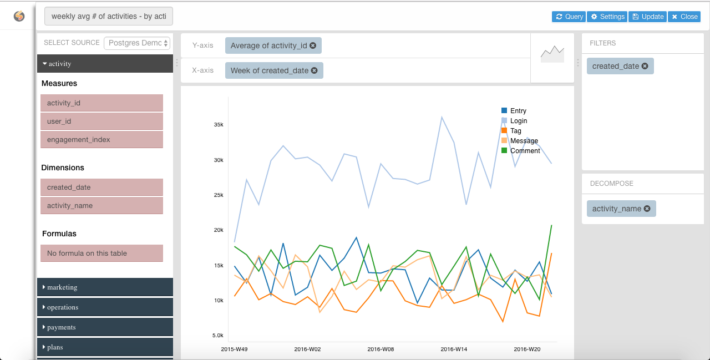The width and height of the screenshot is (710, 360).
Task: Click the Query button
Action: click(x=569, y=17)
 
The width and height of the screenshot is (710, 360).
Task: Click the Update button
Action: click(x=647, y=17)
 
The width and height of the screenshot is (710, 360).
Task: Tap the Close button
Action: click(x=684, y=17)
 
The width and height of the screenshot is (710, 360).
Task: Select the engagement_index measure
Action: click(x=102, y=140)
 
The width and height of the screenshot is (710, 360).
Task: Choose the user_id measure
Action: click(x=102, y=121)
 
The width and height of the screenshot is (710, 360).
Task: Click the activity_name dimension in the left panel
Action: click(x=102, y=206)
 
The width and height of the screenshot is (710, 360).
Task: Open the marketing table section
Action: click(x=105, y=287)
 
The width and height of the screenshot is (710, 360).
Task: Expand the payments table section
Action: click(x=105, y=327)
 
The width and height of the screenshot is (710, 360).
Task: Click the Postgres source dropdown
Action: click(x=137, y=43)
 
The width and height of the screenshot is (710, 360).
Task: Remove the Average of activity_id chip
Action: click(x=313, y=45)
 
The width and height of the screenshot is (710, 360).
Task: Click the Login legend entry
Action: click(x=518, y=121)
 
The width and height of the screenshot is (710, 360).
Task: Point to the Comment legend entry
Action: click(x=524, y=151)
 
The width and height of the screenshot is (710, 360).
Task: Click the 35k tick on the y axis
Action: click(x=219, y=125)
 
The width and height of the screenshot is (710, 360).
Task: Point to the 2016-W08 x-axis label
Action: click(x=381, y=349)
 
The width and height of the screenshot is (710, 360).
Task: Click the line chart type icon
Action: click(x=552, y=54)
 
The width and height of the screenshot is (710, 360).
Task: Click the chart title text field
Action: click(x=109, y=17)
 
